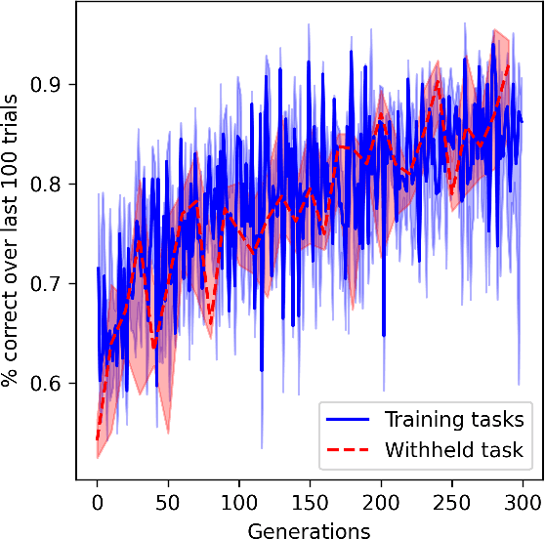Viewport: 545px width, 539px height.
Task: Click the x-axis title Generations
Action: click(310, 530)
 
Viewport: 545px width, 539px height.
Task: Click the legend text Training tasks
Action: click(454, 420)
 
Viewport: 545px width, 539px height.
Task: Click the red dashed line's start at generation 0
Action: click(98, 438)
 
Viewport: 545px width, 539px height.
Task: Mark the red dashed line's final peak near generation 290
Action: click(508, 64)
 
